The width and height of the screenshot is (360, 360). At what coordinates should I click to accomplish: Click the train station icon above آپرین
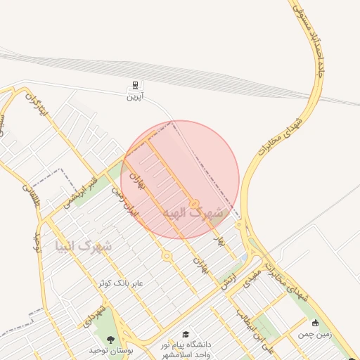[x=134, y=85]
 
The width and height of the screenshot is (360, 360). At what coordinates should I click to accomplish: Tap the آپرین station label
[x=134, y=96]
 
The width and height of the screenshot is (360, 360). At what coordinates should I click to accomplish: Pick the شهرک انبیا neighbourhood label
[x=84, y=246]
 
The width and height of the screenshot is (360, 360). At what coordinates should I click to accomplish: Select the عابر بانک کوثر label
[x=120, y=283]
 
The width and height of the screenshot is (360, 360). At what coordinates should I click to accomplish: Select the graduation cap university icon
[x=186, y=335]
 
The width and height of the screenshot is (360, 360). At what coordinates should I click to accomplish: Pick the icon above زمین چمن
[x=315, y=323]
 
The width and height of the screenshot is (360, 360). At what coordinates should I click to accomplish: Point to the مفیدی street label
[x=252, y=274]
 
